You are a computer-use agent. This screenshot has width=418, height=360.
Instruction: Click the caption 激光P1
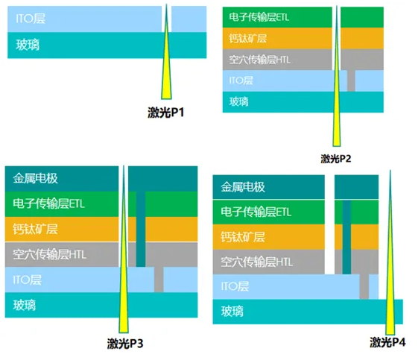[166, 113]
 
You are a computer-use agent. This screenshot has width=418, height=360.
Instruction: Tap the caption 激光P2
[336, 159]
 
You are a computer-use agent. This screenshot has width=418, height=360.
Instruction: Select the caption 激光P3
[125, 343]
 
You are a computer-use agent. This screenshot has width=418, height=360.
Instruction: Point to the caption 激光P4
[387, 342]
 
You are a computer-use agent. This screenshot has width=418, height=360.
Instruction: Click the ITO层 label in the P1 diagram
[31, 19]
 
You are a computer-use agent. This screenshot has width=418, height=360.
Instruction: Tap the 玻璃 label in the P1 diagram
[28, 45]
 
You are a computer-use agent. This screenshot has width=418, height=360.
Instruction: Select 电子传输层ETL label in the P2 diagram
[259, 17]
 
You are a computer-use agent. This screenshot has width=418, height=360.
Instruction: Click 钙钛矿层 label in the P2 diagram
[248, 39]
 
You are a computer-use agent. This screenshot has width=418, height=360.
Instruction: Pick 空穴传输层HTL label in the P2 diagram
[260, 60]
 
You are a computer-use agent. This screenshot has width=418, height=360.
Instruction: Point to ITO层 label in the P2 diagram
[241, 80]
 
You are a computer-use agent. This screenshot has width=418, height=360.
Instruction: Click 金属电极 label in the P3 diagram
[35, 178]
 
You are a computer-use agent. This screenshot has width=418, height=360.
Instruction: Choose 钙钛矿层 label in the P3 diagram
[35, 229]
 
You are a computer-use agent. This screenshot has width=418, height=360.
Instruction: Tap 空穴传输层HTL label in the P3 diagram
[50, 254]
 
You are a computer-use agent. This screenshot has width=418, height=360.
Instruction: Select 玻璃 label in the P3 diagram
[25, 305]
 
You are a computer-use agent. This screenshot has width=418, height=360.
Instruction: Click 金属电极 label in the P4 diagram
[243, 187]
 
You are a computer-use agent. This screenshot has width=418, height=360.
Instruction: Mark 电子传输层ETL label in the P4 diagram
[256, 212]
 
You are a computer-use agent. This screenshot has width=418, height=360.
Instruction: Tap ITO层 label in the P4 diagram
[235, 287]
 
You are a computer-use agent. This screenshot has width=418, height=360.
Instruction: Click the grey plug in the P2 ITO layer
[351, 80]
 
